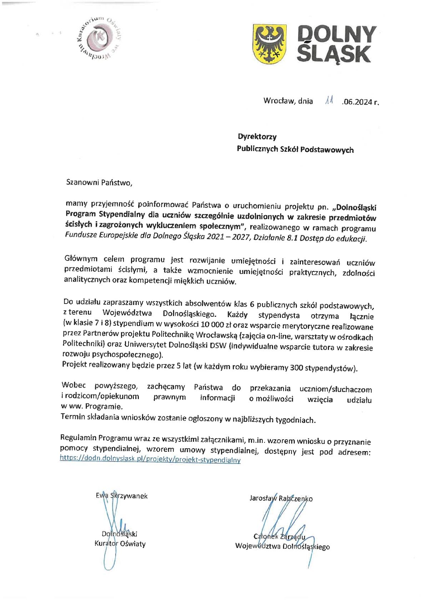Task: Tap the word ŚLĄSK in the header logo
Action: (334, 54)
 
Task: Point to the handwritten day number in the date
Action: (329, 101)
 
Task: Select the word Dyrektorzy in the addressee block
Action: (257, 136)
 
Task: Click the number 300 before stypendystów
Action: (297, 367)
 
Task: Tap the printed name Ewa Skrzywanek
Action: (121, 496)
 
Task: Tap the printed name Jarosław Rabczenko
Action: (281, 499)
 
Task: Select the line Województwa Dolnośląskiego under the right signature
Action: (282, 546)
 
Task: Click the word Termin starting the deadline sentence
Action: (73, 416)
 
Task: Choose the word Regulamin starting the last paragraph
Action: (79, 438)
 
